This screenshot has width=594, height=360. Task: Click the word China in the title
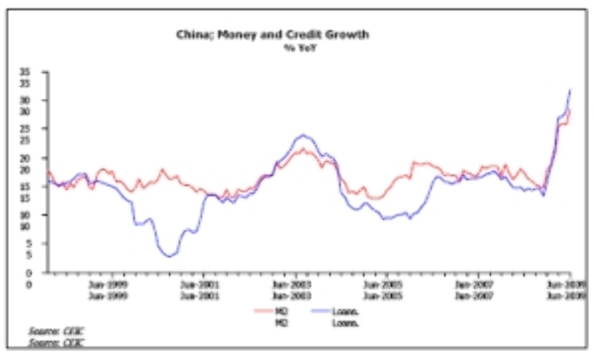pos(192,35)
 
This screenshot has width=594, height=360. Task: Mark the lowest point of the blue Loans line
pos(170,257)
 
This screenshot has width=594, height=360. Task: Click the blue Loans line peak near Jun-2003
pos(303,135)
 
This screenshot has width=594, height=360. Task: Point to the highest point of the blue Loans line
pos(570,90)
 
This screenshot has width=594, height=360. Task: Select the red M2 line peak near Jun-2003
pos(303,149)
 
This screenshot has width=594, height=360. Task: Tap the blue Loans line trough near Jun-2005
pos(386,219)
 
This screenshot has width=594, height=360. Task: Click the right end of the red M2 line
pos(569,110)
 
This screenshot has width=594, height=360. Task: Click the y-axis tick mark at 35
pos(47,72)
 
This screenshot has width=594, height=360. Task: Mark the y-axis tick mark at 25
pos(47,129)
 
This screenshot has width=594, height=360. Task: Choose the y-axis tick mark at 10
pos(47,215)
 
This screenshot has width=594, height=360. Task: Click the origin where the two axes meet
pos(47,272)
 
